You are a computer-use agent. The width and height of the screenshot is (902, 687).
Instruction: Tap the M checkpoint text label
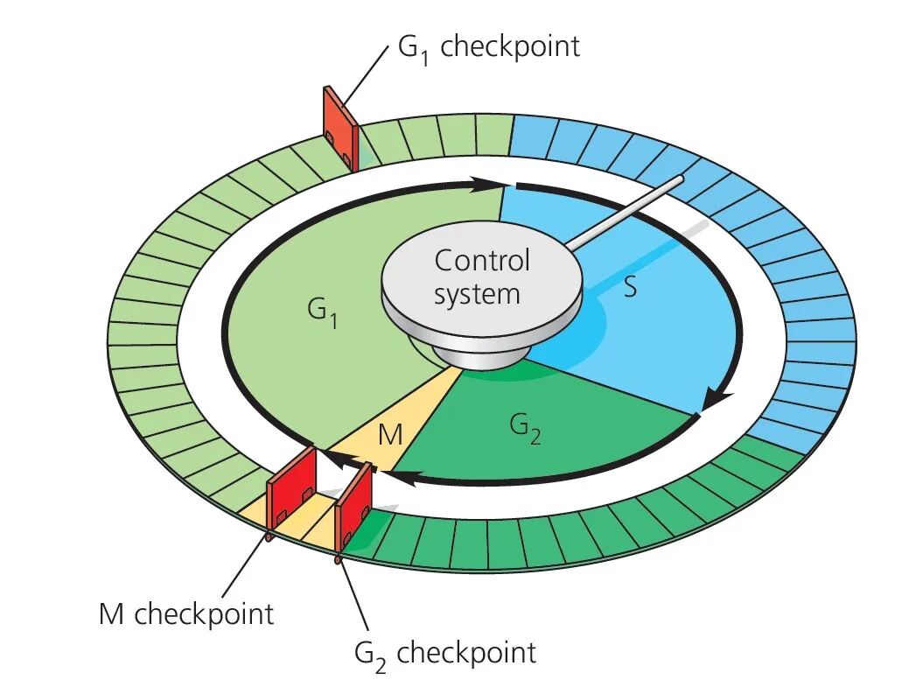click(x=185, y=613)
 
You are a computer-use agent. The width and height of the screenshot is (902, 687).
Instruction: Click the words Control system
click(x=481, y=277)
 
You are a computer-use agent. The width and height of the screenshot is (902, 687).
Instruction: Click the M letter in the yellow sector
click(x=390, y=435)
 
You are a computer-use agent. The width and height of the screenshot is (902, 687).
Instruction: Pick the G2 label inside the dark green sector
click(x=526, y=428)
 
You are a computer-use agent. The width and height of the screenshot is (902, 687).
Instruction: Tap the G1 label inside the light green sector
click(x=323, y=313)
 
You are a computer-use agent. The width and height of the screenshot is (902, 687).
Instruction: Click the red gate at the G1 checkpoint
click(x=340, y=128)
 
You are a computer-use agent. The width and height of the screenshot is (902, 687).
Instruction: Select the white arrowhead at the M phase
click(x=325, y=456)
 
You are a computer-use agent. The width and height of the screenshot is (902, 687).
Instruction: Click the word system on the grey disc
click(x=477, y=294)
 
